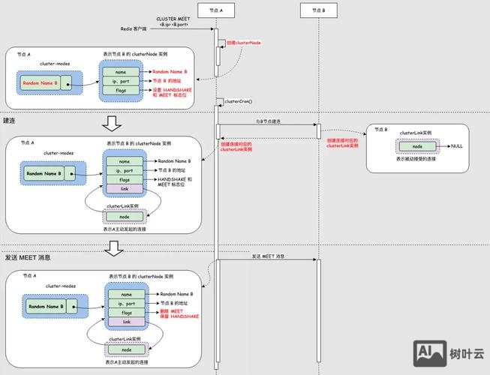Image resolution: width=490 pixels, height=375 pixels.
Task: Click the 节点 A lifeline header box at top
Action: (x=216, y=10)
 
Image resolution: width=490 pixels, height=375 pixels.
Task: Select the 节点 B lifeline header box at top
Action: (x=318, y=10)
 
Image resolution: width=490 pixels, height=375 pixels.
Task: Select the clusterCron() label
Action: (x=239, y=101)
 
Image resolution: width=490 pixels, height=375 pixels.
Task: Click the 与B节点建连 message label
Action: (x=267, y=121)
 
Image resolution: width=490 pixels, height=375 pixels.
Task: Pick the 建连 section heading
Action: (x=11, y=120)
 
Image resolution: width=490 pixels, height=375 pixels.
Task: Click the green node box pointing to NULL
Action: (x=416, y=146)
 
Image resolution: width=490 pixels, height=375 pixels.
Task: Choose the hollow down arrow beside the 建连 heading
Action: (x=111, y=122)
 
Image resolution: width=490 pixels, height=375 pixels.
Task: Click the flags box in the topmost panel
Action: (x=121, y=90)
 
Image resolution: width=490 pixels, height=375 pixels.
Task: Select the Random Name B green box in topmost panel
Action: (x=40, y=82)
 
